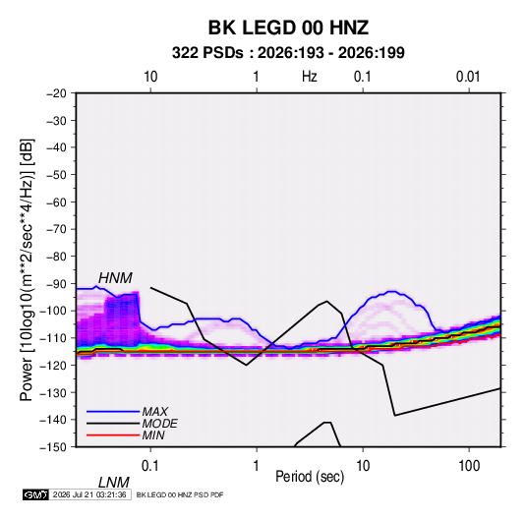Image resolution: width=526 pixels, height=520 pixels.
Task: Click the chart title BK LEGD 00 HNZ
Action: click(x=288, y=28)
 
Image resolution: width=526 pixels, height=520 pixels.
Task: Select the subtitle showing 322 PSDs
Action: click(x=288, y=53)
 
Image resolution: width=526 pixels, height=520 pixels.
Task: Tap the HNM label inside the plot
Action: click(x=115, y=278)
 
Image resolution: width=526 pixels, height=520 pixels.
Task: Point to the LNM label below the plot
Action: click(x=113, y=483)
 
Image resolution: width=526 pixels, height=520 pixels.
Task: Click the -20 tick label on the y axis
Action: click(x=56, y=93)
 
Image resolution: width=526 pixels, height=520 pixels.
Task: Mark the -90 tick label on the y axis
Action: click(x=56, y=283)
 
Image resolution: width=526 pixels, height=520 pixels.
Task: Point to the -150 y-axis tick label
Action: click(x=53, y=447)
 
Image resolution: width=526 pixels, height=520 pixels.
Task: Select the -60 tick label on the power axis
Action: click(x=56, y=202)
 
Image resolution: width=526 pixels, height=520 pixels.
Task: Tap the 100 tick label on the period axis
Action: click(x=469, y=466)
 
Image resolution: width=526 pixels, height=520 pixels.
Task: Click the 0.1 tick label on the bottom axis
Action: click(x=150, y=466)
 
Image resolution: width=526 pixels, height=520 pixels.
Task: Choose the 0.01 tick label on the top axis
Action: click(x=468, y=77)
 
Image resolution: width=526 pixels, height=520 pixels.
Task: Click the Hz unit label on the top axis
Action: click(x=310, y=77)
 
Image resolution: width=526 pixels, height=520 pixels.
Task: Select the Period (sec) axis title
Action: click(x=310, y=477)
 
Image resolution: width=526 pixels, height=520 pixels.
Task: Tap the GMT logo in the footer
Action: click(x=36, y=494)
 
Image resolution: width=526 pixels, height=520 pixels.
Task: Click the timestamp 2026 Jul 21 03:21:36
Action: click(x=89, y=494)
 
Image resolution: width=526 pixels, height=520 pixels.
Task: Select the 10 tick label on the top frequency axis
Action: click(x=150, y=77)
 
